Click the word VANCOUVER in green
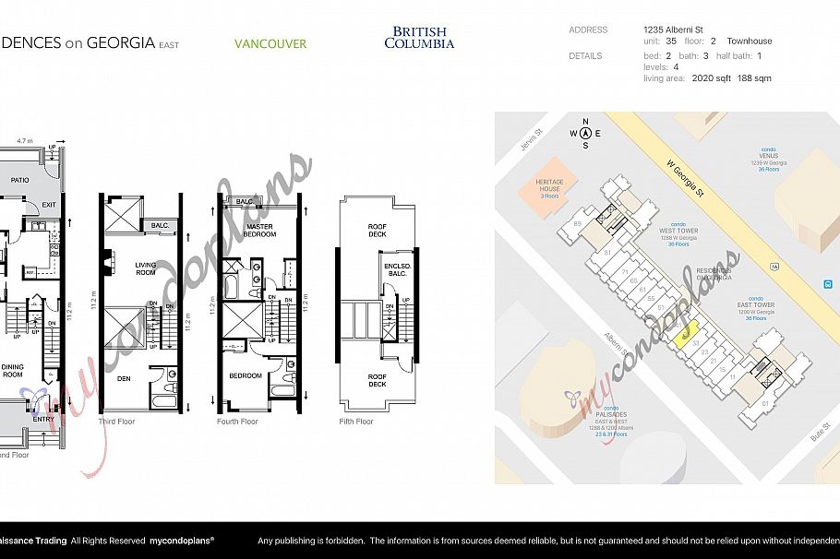point(270,43)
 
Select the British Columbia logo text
point(419,37)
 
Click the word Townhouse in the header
point(749,42)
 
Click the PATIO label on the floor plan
point(20,181)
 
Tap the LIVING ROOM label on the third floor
point(146,268)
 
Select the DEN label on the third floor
point(124,377)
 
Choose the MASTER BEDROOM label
point(259,230)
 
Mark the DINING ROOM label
point(12,370)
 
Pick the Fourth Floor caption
point(237,422)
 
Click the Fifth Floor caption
point(355,422)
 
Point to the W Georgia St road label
point(687,180)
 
